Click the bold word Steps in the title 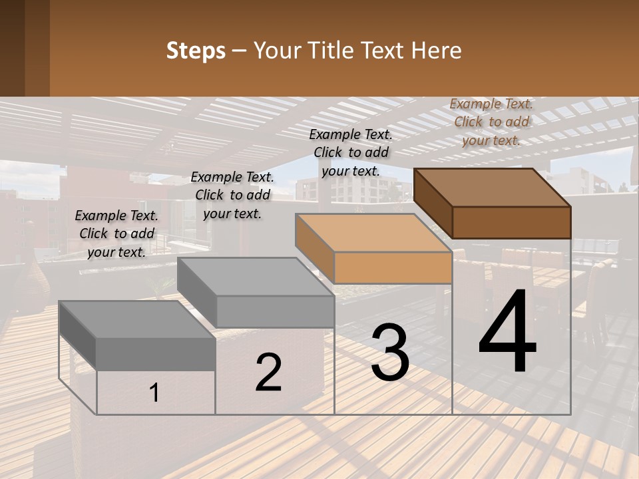click(196, 51)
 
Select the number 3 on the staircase click(390, 353)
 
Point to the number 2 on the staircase click(268, 373)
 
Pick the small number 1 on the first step click(154, 393)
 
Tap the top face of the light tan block click(373, 233)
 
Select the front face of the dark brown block click(511, 222)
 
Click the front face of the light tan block click(393, 268)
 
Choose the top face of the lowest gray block click(136, 319)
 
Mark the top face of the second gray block click(256, 276)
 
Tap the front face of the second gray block click(275, 311)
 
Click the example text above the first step click(116, 234)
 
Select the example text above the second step click(232, 195)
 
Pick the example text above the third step click(351, 152)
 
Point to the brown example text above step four click(491, 122)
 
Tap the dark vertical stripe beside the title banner click(37, 48)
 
